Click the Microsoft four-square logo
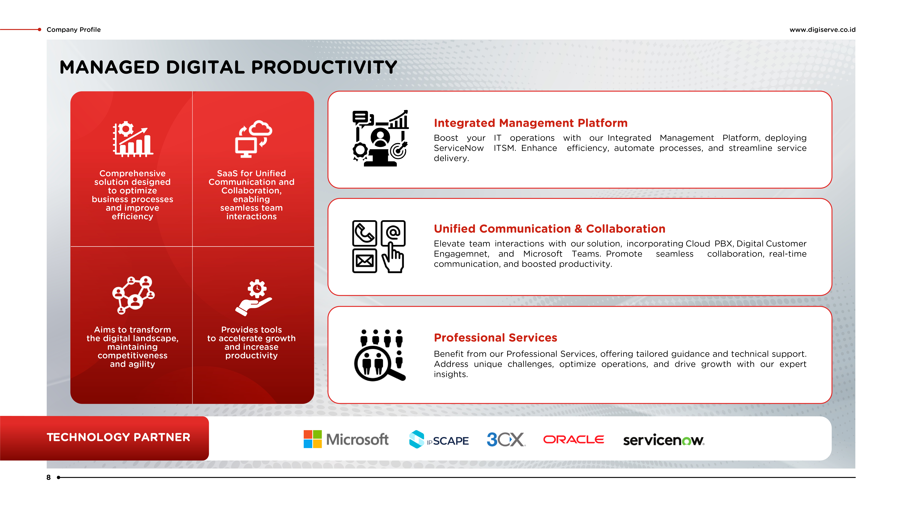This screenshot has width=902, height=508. click(312, 439)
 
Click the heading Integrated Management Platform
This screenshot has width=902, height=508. click(531, 123)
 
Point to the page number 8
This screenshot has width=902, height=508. click(49, 477)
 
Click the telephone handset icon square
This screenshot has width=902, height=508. click(364, 233)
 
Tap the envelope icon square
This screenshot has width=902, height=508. click(364, 260)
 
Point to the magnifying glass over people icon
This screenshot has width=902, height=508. click(380, 355)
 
